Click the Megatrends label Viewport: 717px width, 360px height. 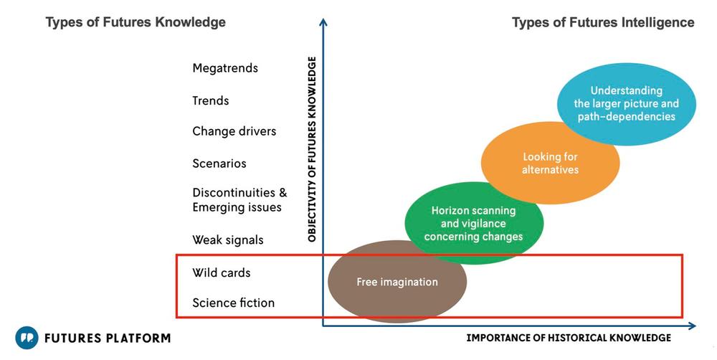click(225, 69)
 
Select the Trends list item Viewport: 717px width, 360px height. click(210, 100)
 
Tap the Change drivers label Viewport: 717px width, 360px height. click(234, 131)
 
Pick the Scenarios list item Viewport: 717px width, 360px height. click(219, 164)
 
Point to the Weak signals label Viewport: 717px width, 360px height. click(228, 240)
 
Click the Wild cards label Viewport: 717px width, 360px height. click(222, 273)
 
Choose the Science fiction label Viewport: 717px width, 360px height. click(233, 303)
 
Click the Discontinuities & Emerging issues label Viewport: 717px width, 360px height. click(239, 200)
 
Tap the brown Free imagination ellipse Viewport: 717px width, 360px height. click(397, 282)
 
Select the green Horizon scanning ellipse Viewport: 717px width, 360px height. click(474, 223)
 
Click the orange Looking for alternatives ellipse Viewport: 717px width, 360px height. click(550, 163)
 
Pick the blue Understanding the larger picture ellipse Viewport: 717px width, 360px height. click(627, 104)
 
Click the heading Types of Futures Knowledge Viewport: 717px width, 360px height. click(136, 22)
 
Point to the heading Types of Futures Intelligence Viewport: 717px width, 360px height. click(603, 22)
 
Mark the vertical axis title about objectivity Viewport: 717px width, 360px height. click(313, 149)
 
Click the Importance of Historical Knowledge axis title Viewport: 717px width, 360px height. click(569, 338)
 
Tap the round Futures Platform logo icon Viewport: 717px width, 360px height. click(27, 338)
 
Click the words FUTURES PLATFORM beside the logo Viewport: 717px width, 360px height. click(108, 338)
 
